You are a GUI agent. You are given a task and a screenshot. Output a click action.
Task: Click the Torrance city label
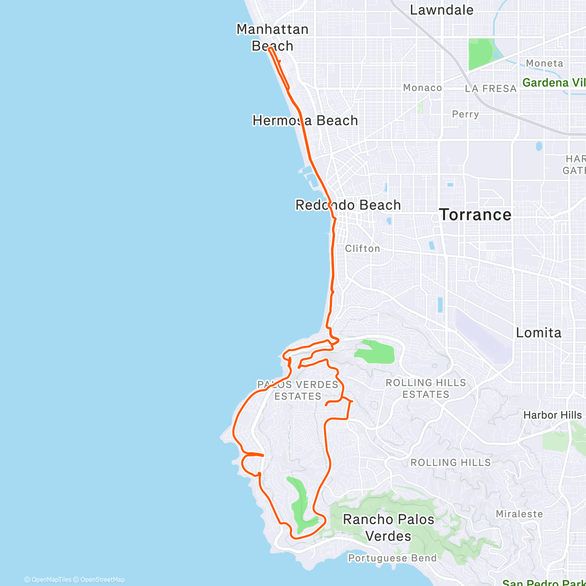(x=475, y=215)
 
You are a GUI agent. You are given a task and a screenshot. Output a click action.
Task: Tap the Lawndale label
(x=441, y=10)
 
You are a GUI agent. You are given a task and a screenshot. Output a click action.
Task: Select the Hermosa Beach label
(x=305, y=121)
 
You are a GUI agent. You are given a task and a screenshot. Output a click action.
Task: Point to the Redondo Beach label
(x=348, y=205)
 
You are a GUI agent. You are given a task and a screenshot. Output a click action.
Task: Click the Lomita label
(x=539, y=333)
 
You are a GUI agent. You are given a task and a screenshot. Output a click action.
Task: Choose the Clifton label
(x=362, y=249)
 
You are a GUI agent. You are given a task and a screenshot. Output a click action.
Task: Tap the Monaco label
(x=422, y=88)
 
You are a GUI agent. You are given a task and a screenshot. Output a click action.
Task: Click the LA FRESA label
(x=490, y=89)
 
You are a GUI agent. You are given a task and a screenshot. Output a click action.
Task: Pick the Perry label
(x=465, y=114)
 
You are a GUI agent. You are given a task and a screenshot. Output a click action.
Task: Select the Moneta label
(x=544, y=63)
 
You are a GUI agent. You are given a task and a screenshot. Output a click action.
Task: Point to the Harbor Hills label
(x=552, y=415)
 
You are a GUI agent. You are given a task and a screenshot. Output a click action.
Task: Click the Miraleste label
(x=519, y=514)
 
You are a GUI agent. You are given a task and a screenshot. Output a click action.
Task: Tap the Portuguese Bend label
(x=392, y=558)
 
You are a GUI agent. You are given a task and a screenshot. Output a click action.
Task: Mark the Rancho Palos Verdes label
(x=389, y=527)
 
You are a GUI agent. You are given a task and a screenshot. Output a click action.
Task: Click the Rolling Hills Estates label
(x=426, y=389)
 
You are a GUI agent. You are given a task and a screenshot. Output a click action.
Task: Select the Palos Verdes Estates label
(x=298, y=391)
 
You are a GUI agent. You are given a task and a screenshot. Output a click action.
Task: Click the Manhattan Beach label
(x=272, y=38)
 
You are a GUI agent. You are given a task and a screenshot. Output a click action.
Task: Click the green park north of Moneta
(x=481, y=54)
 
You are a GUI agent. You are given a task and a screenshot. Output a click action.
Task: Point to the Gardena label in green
(x=553, y=83)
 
